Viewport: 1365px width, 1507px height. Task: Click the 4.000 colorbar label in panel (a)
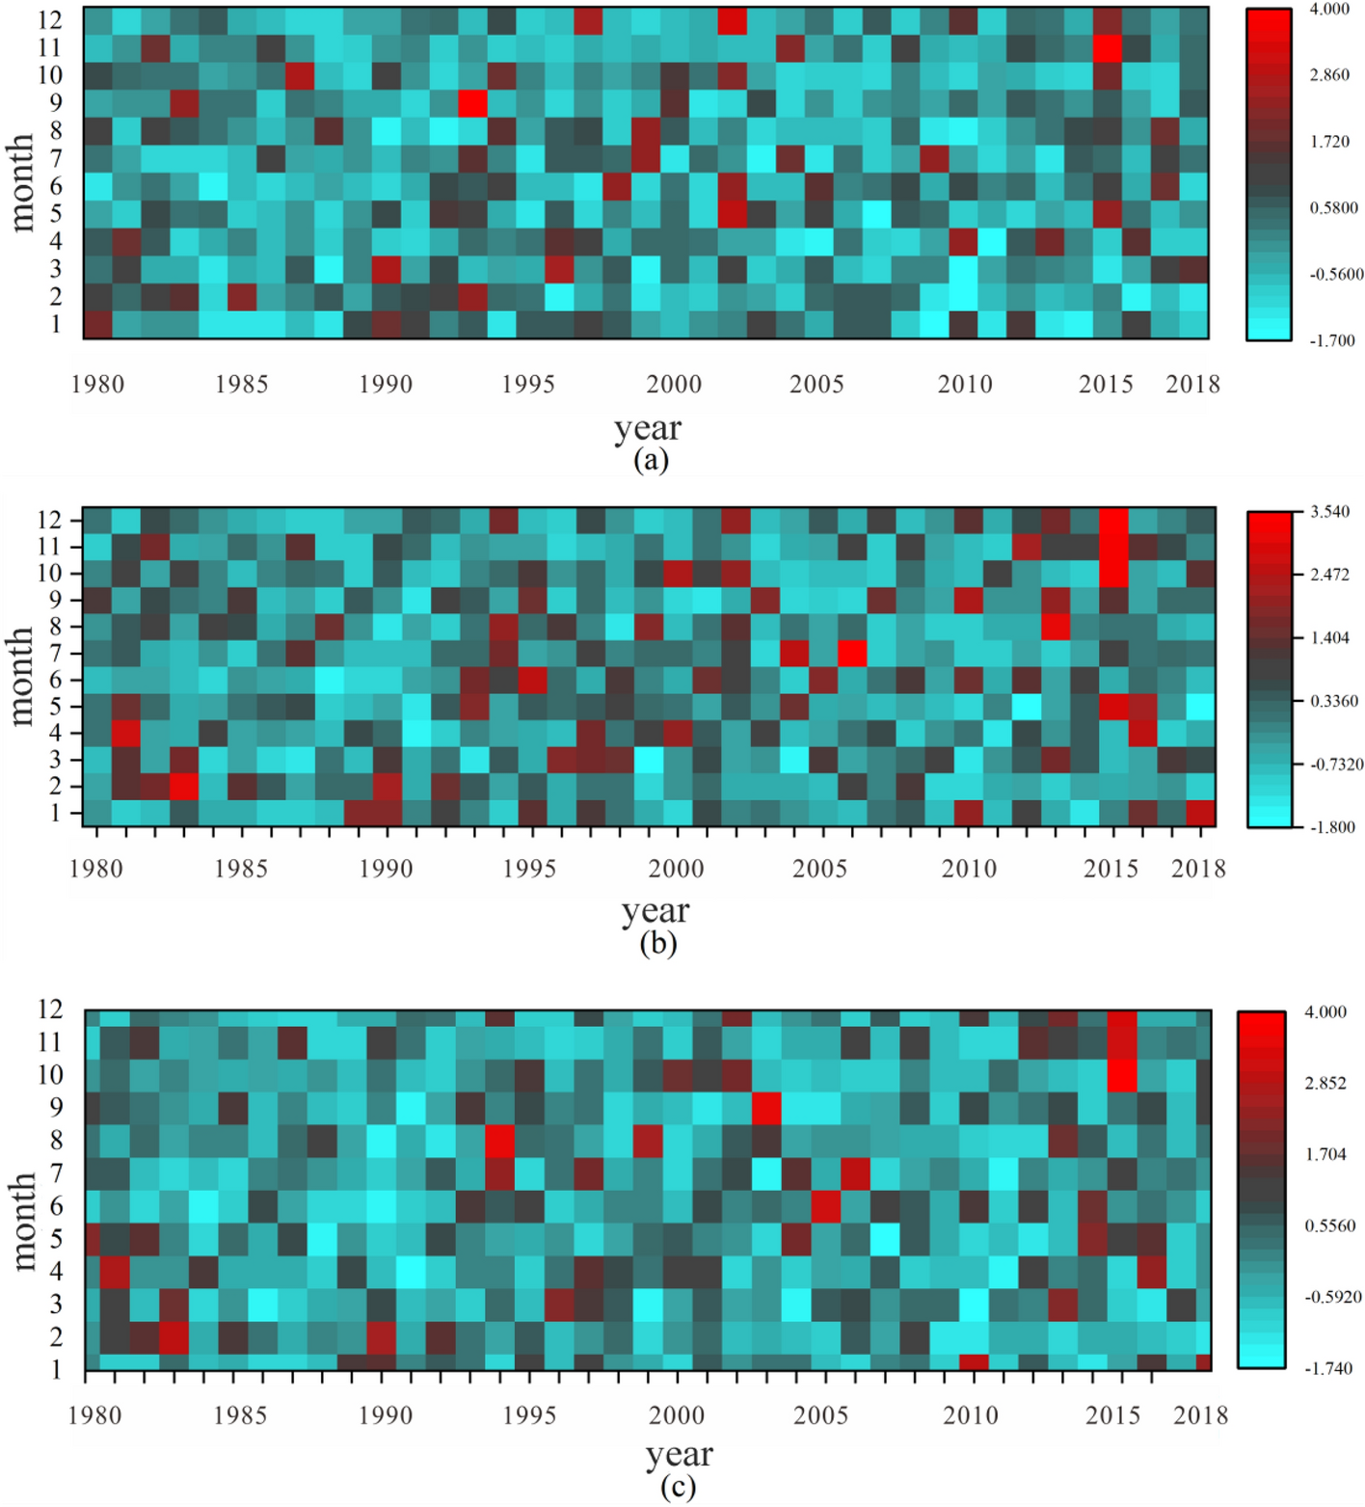pyautogui.click(x=1328, y=10)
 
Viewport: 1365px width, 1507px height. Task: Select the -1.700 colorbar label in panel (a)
pyautogui.click(x=1331, y=340)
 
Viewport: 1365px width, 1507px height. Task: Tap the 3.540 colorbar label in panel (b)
pyautogui.click(x=1329, y=512)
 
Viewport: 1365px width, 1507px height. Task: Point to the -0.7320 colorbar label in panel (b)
pyautogui.click(x=1335, y=765)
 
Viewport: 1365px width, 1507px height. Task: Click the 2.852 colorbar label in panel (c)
pyautogui.click(x=1325, y=1083)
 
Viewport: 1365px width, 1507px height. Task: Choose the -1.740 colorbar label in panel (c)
pyautogui.click(x=1327, y=1368)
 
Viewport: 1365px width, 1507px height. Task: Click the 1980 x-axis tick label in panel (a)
pyautogui.click(x=97, y=385)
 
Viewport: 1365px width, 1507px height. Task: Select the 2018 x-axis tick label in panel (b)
pyautogui.click(x=1198, y=869)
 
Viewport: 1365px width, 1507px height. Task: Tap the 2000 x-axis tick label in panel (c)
pyautogui.click(x=676, y=1415)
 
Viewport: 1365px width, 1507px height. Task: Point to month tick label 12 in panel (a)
pyautogui.click(x=49, y=19)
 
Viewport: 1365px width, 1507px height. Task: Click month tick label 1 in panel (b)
pyautogui.click(x=55, y=813)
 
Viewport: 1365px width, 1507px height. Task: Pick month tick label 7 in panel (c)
pyautogui.click(x=56, y=1173)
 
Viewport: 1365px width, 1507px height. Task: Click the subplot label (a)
pyautogui.click(x=651, y=460)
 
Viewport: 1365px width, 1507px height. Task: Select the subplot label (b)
pyautogui.click(x=657, y=943)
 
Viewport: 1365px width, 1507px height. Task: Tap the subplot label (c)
pyautogui.click(x=678, y=1487)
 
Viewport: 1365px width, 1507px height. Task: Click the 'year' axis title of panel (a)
pyautogui.click(x=648, y=428)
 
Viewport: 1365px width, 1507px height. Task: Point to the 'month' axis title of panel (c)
pyautogui.click(x=22, y=1221)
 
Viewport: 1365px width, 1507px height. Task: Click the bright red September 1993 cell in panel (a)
pyautogui.click(x=472, y=102)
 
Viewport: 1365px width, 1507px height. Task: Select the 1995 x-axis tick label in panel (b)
pyautogui.click(x=529, y=869)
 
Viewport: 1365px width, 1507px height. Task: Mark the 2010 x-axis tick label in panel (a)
pyautogui.click(x=965, y=385)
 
